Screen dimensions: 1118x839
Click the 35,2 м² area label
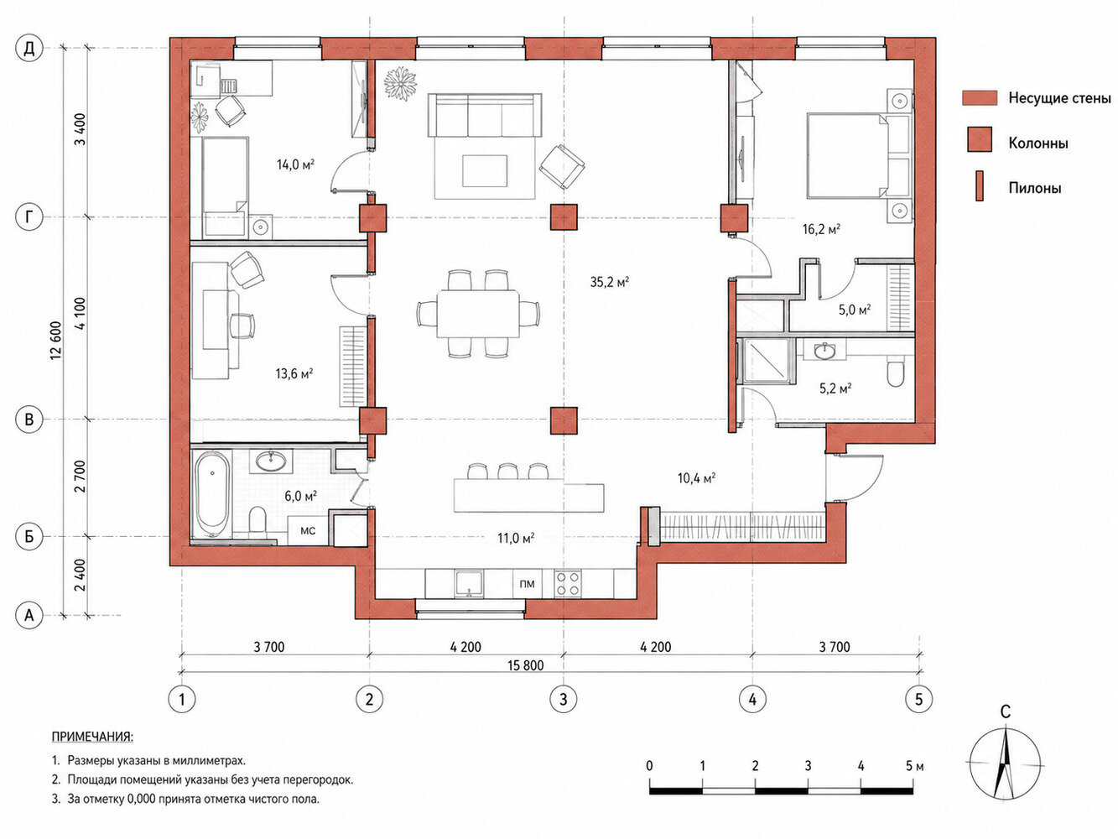click(x=609, y=281)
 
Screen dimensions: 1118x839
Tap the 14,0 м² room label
click(x=295, y=164)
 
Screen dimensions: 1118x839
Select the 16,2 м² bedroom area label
click(x=821, y=229)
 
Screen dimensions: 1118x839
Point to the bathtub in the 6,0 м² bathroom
click(x=213, y=493)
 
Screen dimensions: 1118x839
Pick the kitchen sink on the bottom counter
click(x=469, y=583)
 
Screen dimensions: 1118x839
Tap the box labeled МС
click(x=308, y=531)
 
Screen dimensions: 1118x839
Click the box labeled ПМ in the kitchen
click(x=527, y=584)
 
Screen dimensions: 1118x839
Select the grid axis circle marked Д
click(x=29, y=50)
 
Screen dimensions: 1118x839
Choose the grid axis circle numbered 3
click(x=564, y=698)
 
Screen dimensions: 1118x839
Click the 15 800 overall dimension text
click(x=526, y=665)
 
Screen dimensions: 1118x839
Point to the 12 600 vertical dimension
click(x=56, y=341)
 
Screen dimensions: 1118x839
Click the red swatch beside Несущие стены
click(x=980, y=98)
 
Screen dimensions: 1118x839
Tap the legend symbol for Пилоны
click(x=979, y=186)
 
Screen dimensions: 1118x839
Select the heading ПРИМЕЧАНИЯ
click(x=93, y=737)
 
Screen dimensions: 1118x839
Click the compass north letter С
click(x=1006, y=711)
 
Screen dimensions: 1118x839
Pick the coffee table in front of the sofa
click(x=485, y=171)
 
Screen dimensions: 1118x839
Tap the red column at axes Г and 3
click(x=564, y=216)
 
